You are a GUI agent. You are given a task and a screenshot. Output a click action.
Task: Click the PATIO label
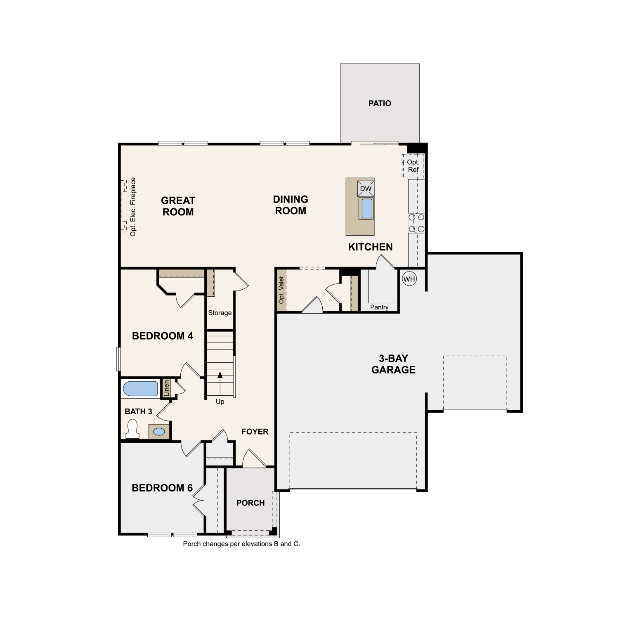(380, 103)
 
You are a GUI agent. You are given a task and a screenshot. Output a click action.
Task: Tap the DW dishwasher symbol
(366, 189)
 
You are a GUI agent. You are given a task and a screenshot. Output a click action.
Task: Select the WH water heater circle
(409, 279)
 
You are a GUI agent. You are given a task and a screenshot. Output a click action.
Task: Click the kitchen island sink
(367, 208)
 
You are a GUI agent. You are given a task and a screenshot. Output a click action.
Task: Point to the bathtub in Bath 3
(140, 389)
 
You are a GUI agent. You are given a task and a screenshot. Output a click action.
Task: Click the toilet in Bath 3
(132, 429)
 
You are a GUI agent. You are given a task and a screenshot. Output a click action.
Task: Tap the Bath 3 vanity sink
(159, 432)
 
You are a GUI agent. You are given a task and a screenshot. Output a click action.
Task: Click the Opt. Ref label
(413, 166)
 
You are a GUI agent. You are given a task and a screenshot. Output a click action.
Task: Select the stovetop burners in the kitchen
(416, 223)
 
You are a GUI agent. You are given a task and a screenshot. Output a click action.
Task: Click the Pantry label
(379, 307)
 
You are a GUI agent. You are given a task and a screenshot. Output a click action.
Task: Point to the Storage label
(220, 313)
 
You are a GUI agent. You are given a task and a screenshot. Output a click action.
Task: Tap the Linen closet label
(166, 388)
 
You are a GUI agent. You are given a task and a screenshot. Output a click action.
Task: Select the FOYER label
(255, 432)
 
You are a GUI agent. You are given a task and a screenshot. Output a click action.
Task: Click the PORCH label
(250, 503)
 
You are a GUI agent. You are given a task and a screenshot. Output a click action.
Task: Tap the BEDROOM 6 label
(162, 488)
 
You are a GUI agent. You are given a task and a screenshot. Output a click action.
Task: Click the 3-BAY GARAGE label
(393, 364)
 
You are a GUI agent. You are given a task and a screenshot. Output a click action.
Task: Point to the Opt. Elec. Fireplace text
(133, 207)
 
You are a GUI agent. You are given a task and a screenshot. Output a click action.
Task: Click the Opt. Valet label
(281, 290)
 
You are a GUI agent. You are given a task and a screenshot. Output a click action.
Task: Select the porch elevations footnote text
(241, 544)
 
